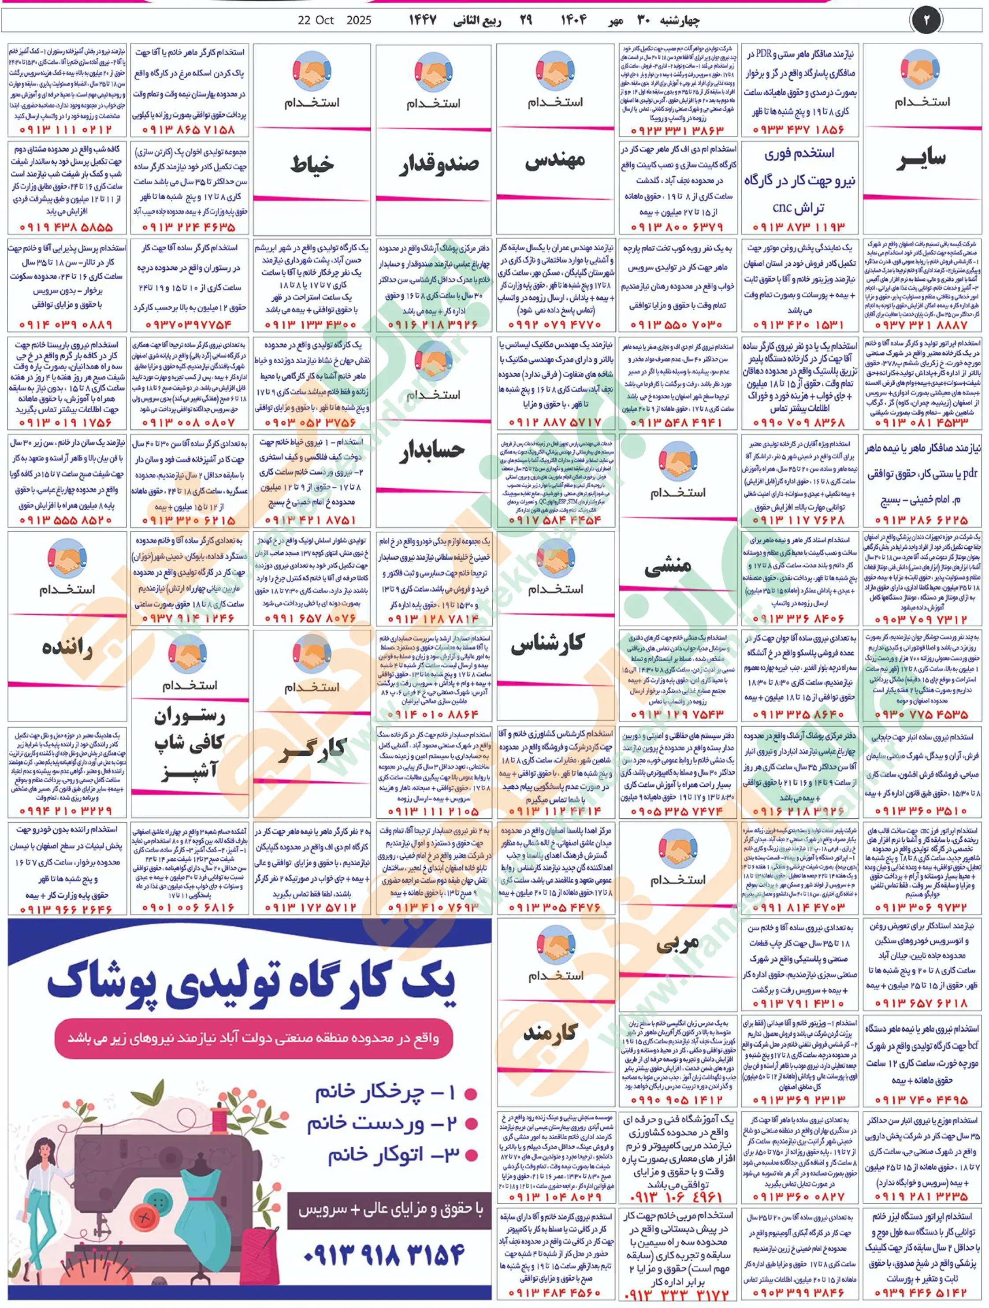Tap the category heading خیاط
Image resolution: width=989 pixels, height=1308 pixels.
coord(312,164)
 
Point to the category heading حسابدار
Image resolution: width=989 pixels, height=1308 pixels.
coord(434,451)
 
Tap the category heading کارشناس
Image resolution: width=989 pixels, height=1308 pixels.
coord(548,644)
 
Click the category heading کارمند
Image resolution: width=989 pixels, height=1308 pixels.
coord(550,1033)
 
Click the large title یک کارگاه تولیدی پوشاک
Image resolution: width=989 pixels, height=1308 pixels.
coord(251,986)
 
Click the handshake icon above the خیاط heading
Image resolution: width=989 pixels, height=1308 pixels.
coord(312,71)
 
